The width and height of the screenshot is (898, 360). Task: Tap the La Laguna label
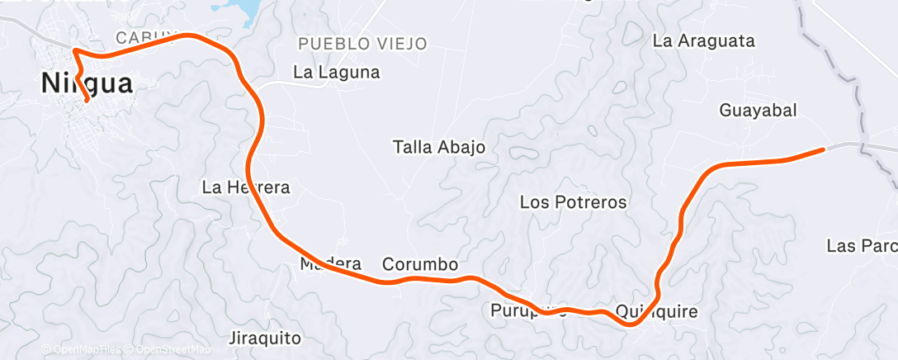(337, 73)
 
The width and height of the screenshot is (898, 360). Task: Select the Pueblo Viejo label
(362, 43)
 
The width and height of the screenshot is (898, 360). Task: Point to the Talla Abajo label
(438, 148)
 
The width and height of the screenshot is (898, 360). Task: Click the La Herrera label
(246, 187)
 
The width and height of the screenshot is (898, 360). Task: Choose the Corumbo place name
(419, 265)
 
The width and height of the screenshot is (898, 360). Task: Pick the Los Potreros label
(574, 202)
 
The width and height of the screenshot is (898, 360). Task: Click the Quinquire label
(657, 312)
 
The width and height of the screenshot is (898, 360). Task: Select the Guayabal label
(759, 110)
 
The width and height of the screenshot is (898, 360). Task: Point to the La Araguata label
(703, 40)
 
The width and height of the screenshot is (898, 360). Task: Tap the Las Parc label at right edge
(861, 246)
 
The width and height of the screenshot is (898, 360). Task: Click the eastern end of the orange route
(823, 149)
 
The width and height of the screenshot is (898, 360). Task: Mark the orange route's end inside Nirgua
(87, 102)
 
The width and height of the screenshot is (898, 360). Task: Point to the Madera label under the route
(330, 264)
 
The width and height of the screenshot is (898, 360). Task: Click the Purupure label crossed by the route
(528, 310)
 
